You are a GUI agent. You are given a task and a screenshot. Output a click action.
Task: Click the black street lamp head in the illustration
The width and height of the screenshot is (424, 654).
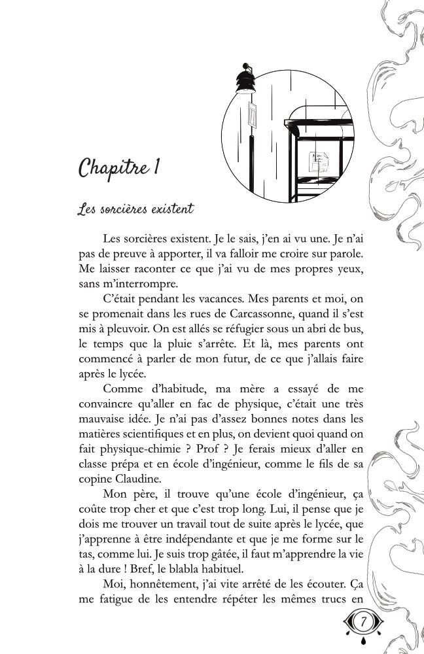tap(245, 81)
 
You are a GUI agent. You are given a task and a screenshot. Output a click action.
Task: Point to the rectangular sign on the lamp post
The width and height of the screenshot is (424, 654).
tap(253, 115)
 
